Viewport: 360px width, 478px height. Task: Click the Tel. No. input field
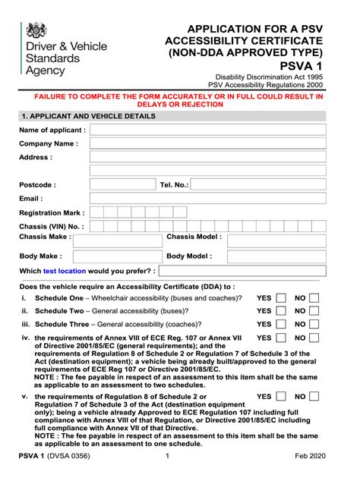[257, 184]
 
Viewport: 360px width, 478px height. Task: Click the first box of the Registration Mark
[95, 213]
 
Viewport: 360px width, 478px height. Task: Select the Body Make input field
[118, 256]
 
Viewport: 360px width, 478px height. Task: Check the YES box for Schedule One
[281, 298]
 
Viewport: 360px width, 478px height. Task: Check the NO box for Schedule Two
[314, 311]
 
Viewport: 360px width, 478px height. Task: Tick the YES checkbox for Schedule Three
[281, 324]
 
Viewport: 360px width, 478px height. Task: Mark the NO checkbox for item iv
[314, 338]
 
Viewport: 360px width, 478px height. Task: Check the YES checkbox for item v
[281, 397]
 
